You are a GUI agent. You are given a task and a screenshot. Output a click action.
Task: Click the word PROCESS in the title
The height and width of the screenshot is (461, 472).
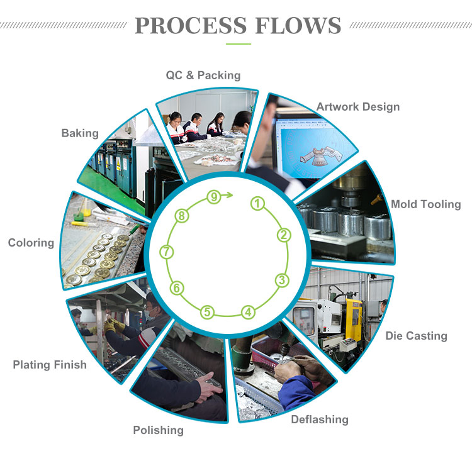190,26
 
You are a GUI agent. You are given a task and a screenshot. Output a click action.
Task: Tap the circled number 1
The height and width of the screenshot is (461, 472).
257,203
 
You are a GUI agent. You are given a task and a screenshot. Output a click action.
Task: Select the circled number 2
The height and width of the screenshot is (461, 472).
284,235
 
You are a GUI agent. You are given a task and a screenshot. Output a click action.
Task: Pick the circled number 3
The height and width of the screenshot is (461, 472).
282,280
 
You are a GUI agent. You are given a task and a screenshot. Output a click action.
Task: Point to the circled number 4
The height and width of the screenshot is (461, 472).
249,311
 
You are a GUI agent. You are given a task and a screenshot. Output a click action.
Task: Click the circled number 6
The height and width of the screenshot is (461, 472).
177,289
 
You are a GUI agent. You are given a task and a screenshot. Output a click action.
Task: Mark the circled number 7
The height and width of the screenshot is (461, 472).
166,252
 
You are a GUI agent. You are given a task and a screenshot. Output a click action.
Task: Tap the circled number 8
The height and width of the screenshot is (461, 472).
181,216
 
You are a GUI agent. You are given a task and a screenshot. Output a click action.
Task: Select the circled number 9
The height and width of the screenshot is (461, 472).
214,197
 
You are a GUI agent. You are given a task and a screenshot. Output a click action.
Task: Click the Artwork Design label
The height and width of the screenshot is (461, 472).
357,106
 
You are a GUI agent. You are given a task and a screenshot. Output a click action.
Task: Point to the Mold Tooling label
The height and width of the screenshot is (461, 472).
425,204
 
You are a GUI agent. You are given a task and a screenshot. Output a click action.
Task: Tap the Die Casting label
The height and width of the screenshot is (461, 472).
416,336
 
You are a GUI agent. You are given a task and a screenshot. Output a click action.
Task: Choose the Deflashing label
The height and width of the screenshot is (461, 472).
319,419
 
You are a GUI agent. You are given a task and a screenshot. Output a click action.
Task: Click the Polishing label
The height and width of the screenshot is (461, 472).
158,430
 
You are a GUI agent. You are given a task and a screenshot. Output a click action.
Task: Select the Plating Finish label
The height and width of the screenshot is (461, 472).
50,364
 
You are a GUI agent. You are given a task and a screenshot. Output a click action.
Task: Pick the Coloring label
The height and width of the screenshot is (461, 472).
31,243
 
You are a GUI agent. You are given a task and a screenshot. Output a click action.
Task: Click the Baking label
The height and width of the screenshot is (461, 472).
80,133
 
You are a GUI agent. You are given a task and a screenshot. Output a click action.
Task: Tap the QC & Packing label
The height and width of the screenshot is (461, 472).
203,75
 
